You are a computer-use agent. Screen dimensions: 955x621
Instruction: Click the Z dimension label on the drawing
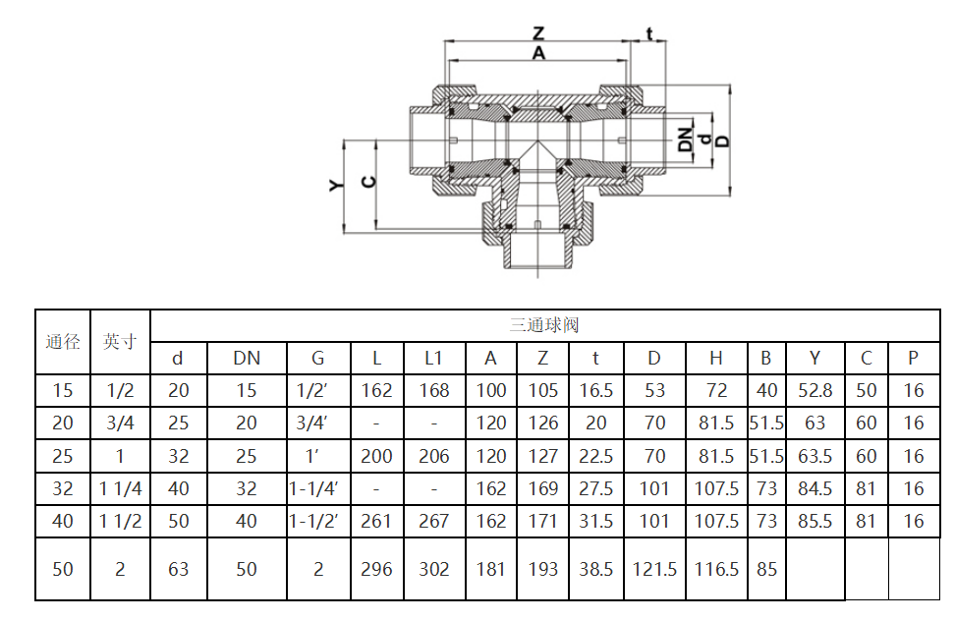538,32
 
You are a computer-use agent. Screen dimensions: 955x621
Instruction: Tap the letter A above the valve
538,54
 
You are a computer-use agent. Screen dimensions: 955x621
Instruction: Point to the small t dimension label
649,33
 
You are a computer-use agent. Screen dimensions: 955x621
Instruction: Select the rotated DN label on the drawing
685,140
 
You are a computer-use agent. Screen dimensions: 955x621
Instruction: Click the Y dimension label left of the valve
336,185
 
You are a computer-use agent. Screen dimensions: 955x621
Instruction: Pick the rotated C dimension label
368,182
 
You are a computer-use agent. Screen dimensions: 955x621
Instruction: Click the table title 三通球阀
544,325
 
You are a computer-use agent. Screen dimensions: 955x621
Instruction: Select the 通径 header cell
63,342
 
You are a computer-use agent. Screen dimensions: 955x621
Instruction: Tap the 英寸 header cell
120,342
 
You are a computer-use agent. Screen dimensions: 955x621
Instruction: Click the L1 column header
433,358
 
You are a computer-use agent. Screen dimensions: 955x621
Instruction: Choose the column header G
318,358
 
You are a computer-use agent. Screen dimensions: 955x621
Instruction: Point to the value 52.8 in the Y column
815,390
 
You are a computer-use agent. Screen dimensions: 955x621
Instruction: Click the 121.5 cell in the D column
654,569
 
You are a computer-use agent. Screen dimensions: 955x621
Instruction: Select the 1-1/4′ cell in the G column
313,489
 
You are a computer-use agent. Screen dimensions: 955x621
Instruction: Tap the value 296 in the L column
376,569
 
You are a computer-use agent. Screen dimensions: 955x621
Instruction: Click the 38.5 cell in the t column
595,569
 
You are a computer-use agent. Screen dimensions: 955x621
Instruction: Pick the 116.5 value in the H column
716,569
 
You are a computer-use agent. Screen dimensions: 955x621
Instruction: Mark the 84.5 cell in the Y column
815,489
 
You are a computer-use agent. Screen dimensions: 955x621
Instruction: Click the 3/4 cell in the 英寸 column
120,423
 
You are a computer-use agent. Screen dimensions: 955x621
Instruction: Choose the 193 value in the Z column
542,569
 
